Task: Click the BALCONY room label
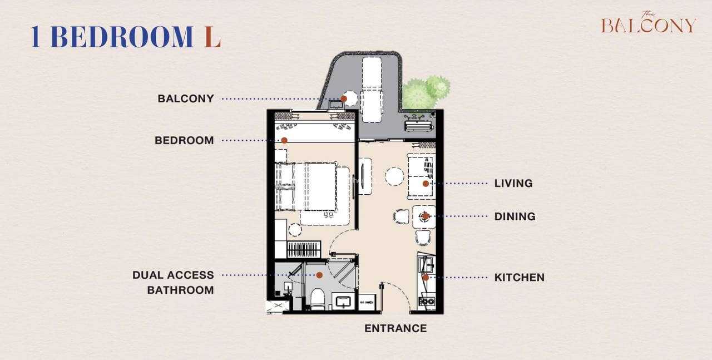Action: pyautogui.click(x=186, y=98)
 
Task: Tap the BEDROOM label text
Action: pyautogui.click(x=184, y=140)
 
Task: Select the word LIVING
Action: pyautogui.click(x=513, y=183)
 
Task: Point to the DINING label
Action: pyautogui.click(x=515, y=216)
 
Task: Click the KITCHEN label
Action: pyautogui.click(x=520, y=277)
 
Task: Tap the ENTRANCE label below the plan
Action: pyautogui.click(x=395, y=328)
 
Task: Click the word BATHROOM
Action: pyautogui.click(x=181, y=290)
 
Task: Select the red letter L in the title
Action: pyautogui.click(x=212, y=37)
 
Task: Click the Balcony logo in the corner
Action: pyautogui.click(x=649, y=22)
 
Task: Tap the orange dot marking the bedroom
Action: pyautogui.click(x=284, y=140)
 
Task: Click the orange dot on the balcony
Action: pyautogui.click(x=344, y=98)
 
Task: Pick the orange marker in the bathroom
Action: pyautogui.click(x=319, y=275)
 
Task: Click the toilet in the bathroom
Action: pyautogui.click(x=318, y=299)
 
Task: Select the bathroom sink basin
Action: pyautogui.click(x=343, y=302)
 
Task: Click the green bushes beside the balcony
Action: pyautogui.click(x=426, y=92)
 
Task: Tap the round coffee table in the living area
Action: pyautogui.click(x=394, y=176)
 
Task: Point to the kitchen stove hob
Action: pyautogui.click(x=427, y=301)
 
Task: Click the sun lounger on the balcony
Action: pyautogui.click(x=372, y=90)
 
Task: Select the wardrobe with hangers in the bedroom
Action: pyautogui.click(x=303, y=249)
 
